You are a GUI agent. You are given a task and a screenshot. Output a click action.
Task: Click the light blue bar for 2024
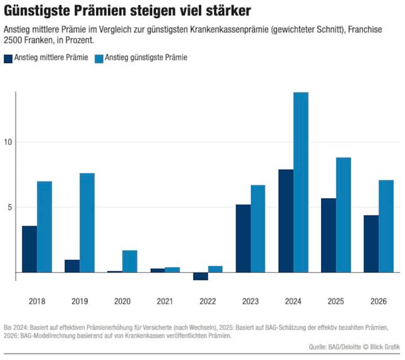(301, 182)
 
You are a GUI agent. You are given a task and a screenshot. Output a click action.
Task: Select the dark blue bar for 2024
(286, 220)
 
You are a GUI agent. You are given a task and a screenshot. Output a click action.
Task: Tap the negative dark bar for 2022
(200, 276)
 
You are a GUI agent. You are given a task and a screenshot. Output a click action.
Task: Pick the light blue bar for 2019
(87, 223)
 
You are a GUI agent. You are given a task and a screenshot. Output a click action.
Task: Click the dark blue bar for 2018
(29, 249)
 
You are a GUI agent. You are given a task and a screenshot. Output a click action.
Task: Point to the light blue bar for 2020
(130, 261)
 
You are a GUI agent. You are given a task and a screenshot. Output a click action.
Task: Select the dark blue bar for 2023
(243, 238)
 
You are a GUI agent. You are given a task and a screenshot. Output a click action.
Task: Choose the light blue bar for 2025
(343, 215)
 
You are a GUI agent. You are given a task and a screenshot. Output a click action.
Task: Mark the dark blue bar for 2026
(371, 243)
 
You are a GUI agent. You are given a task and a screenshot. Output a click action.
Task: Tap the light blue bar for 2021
(172, 270)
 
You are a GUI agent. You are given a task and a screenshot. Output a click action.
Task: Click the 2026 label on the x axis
(379, 301)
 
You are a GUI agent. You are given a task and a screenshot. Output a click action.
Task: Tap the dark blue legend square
(8, 58)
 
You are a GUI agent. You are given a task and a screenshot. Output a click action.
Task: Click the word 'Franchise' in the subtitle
(364, 30)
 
